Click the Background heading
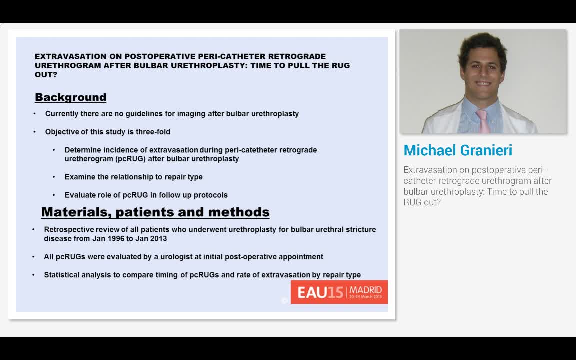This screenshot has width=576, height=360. click(x=70, y=97)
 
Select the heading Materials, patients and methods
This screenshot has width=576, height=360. click(x=155, y=212)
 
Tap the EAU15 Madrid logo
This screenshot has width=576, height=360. click(x=339, y=292)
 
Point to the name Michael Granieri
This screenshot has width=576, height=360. click(x=458, y=150)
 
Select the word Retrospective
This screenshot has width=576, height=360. click(x=68, y=230)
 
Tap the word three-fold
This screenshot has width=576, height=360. click(x=153, y=132)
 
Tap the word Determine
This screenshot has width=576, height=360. click(x=83, y=150)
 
